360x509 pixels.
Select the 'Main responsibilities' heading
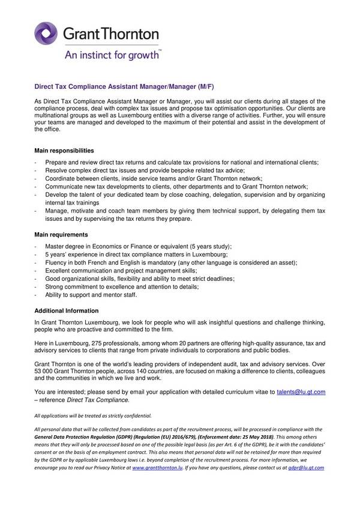tap(64, 150)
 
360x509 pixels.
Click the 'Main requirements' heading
tap(61, 234)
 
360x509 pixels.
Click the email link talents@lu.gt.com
tap(301, 391)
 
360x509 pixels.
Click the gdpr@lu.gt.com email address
tap(306, 467)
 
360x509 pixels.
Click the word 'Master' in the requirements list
tap(56, 247)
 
